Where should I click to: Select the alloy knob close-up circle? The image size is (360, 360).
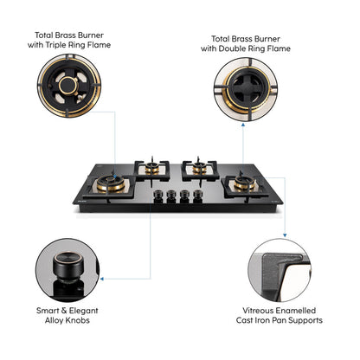63,268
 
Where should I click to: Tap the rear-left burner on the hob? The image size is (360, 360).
154,164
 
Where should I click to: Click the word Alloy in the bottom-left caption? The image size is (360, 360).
64,319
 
